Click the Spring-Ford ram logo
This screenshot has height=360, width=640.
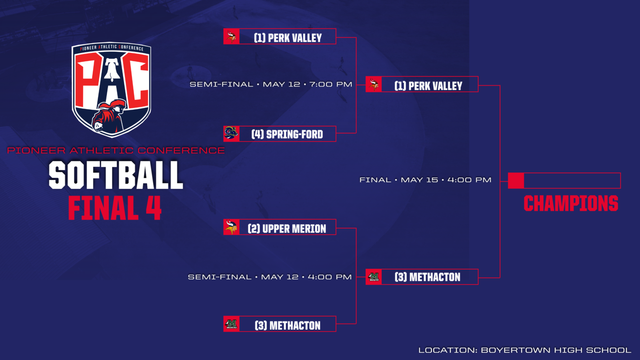coord(231,134)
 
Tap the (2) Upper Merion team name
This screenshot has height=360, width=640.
coord(287,228)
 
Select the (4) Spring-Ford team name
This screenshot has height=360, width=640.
coord(287,134)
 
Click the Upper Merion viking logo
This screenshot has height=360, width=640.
coord(231,227)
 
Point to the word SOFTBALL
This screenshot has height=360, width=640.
coord(116,175)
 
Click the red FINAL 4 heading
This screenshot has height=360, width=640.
coord(115,208)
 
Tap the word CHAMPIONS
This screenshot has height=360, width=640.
coord(571,204)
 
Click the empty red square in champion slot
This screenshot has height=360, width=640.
coord(516,180)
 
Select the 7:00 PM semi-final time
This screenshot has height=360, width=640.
coord(331,84)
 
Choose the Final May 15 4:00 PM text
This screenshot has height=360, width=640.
coord(426,180)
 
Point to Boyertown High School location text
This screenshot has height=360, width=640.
coord(524,350)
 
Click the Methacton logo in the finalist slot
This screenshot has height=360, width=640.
coord(374,276)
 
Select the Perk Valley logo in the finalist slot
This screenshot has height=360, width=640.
coord(374,84)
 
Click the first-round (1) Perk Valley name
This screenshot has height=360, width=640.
coord(288,38)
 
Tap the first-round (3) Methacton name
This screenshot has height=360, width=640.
coord(288,326)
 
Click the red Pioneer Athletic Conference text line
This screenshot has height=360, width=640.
coord(116,150)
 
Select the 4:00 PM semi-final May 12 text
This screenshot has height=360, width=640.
coord(270,277)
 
